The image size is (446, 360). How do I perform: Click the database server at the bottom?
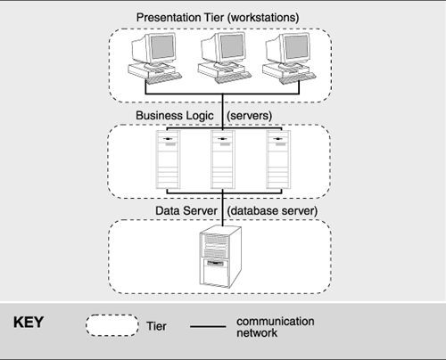click(219, 253)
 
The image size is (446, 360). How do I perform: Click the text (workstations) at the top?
click(275, 17)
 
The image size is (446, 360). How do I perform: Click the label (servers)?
click(252, 116)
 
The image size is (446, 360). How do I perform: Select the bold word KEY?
click(29, 323)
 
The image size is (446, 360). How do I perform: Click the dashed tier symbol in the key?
click(112, 325)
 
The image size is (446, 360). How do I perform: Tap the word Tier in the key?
click(155, 326)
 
